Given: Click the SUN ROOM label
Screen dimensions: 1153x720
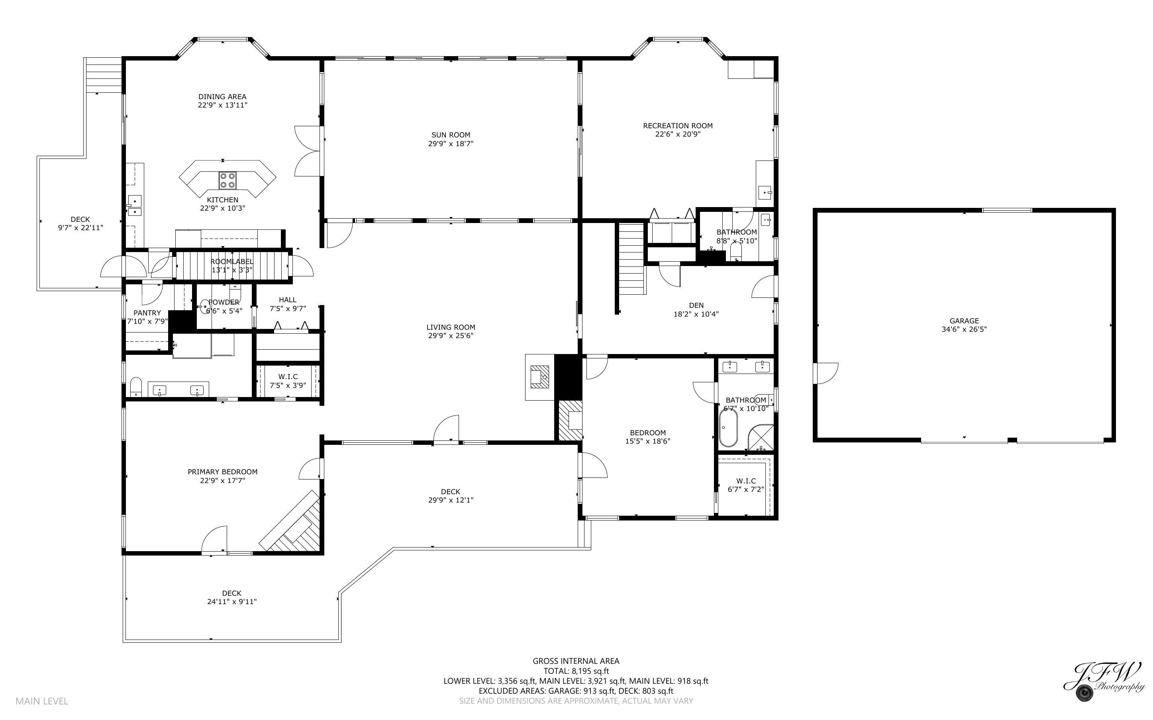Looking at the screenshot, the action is tap(451, 135).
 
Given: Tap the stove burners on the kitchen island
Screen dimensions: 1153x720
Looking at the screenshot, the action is tap(227, 180).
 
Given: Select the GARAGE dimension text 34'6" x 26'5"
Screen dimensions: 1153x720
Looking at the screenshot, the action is tap(964, 329).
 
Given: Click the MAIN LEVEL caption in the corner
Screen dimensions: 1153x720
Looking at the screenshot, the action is tap(42, 701).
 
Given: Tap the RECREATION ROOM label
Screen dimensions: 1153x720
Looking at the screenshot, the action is tap(678, 126).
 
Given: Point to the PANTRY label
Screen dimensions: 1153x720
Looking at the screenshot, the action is tap(147, 313).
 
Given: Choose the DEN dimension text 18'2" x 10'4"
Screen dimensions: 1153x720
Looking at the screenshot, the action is tap(696, 314).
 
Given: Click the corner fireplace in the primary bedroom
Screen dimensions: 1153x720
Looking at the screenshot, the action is tap(292, 522).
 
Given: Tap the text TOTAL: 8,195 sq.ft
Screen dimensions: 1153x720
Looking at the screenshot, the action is tap(576, 671).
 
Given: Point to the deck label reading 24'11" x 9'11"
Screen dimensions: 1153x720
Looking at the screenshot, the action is tap(232, 601).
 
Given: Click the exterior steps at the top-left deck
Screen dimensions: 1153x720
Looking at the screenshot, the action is tap(104, 75).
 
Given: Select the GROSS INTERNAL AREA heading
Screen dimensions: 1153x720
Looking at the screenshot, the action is tap(576, 661).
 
